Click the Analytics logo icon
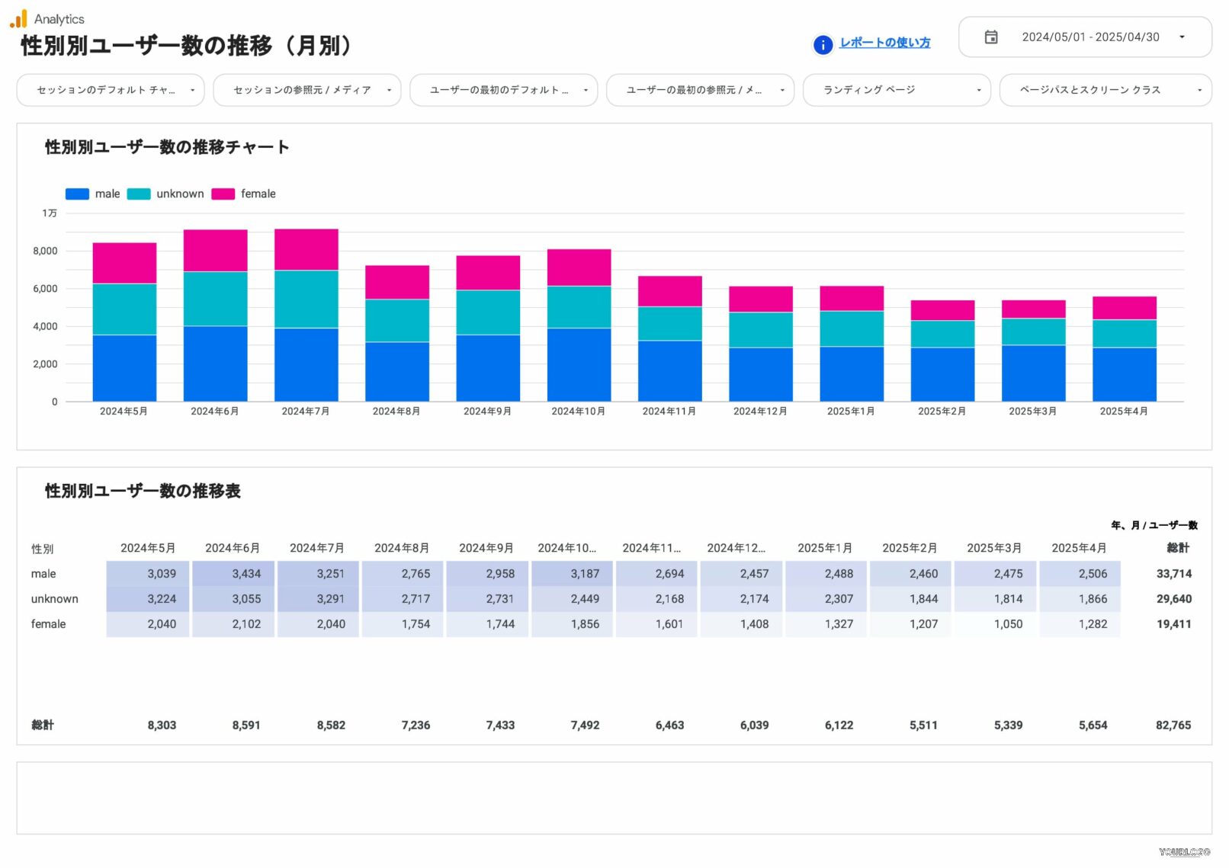[x=18, y=18]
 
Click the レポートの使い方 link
[x=884, y=43]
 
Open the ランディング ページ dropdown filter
[x=896, y=90]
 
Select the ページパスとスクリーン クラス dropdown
[x=1105, y=90]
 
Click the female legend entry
[x=244, y=194]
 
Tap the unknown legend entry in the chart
[x=166, y=194]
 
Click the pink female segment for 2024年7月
[x=306, y=249]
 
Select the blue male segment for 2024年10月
[x=579, y=364]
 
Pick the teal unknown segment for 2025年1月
[x=852, y=328]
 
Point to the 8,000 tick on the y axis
[x=45, y=251]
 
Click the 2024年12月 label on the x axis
[x=760, y=412]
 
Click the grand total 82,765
[x=1173, y=725]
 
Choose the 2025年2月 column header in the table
[x=909, y=548]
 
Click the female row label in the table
[x=48, y=624]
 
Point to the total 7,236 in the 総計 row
[x=416, y=725]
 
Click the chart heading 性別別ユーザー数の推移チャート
[x=167, y=147]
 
